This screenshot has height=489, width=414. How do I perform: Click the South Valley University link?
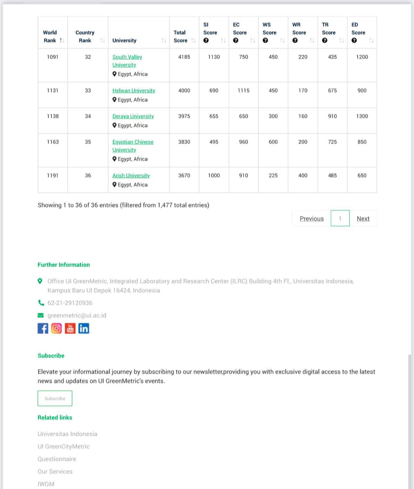coord(127,61)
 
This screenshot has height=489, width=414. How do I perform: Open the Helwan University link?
coord(134,90)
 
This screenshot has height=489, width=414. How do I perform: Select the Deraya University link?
coord(133,116)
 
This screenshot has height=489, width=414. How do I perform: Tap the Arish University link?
coord(131,176)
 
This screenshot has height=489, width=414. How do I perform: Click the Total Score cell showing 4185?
coord(184,57)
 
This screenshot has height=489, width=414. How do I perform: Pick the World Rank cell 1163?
coord(53,142)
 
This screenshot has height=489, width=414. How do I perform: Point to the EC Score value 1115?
coord(243,90)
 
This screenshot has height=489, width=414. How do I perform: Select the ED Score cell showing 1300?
coord(362,116)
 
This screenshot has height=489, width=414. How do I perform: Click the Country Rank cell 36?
coord(88,176)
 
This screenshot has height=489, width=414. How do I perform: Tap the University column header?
coord(125,40)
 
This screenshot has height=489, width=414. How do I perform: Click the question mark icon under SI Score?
coord(206,40)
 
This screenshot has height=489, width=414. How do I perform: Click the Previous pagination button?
coord(312,219)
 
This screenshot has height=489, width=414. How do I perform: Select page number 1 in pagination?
coord(340,219)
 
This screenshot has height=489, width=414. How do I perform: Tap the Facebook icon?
coord(43,328)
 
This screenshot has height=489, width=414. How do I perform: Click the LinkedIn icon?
coord(84,328)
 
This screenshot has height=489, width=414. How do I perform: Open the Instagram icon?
coord(56,328)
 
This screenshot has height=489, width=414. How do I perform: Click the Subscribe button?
coord(55,398)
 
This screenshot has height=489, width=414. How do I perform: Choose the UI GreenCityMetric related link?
coord(64,446)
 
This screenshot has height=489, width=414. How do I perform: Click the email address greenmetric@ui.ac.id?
coord(77,315)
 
